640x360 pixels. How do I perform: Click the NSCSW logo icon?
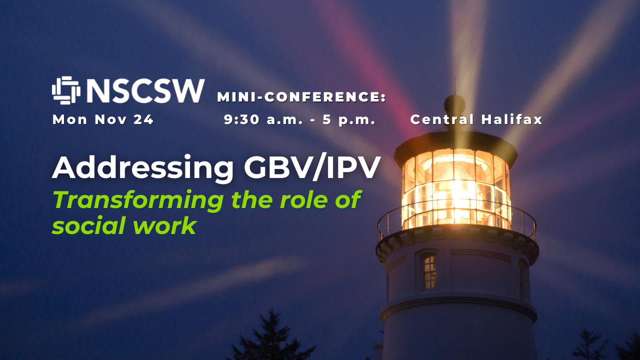tap(66, 90)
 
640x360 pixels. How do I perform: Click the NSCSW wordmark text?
tap(145, 91)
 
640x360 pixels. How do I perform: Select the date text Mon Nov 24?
tap(103, 119)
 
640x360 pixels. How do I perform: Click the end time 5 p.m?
tap(348, 120)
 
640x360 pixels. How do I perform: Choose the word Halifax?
tap(511, 119)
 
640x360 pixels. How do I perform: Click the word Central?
tap(442, 119)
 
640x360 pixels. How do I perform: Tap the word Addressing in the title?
tap(142, 168)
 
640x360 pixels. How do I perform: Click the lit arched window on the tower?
tap(429, 270)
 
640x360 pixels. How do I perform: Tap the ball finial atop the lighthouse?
tap(454, 103)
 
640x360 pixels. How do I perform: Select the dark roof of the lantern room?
tap(455, 146)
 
